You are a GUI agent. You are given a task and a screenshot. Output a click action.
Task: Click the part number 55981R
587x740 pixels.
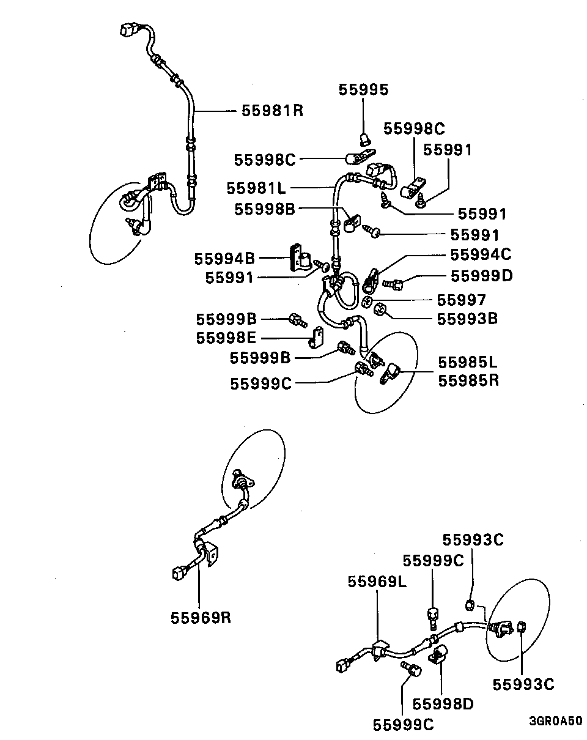coord(272,111)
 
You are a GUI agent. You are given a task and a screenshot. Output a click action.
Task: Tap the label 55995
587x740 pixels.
coord(363,91)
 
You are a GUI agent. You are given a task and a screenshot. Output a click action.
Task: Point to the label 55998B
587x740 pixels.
coord(265,209)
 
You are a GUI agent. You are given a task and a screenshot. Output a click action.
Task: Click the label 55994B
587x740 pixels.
coord(225,258)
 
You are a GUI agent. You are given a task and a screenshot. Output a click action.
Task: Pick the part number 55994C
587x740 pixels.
coord(481,254)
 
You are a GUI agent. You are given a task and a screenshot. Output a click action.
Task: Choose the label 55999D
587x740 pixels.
coord(482,276)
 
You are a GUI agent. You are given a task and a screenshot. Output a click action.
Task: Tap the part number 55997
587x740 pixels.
coord(461,300)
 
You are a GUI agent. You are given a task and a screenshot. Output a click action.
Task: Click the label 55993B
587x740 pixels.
coord(468,319)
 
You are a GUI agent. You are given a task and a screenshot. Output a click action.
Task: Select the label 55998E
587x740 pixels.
coord(226,338)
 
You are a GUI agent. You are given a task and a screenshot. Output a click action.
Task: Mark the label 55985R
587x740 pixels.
coord(468,380)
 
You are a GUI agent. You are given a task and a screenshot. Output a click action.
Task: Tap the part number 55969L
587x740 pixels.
coord(377,581)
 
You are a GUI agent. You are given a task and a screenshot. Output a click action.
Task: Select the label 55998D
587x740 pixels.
coord(443,704)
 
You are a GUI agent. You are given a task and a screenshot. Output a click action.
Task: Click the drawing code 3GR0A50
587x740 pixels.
coord(555,721)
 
